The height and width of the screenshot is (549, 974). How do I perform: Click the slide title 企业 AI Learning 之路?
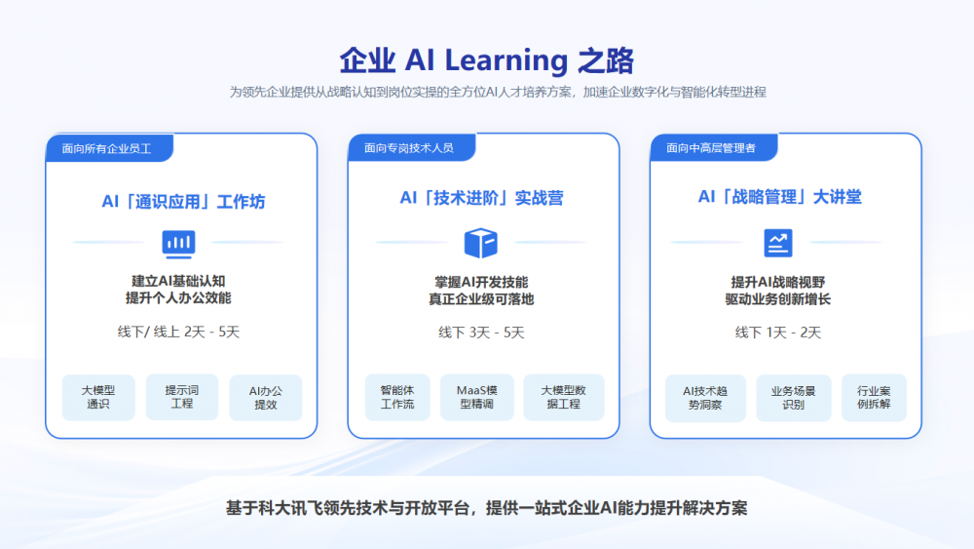[x=486, y=60]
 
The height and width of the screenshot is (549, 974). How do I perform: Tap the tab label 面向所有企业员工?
[x=107, y=148]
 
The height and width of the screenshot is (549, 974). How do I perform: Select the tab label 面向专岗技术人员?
[x=409, y=148]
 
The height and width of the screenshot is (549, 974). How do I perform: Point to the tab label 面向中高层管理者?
[x=711, y=148]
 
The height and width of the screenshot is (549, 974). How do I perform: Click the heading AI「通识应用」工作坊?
[x=183, y=202]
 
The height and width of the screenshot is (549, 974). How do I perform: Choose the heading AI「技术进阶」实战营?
[x=481, y=198]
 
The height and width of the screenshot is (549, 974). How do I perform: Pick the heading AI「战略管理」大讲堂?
[x=779, y=197]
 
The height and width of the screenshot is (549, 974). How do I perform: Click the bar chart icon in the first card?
[x=179, y=244]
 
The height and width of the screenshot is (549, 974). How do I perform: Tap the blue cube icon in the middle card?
[x=481, y=243]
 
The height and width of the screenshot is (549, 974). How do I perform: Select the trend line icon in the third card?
[x=777, y=243]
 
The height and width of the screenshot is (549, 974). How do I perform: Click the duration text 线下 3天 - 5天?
[x=481, y=333]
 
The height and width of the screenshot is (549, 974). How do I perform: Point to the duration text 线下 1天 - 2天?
[x=778, y=333]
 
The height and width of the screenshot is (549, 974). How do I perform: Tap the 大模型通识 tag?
[x=98, y=397]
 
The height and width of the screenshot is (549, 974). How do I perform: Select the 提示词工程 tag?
[x=182, y=397]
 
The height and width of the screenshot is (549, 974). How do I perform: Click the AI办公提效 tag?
[x=266, y=397]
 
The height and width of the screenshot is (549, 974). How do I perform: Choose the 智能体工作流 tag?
[x=397, y=397]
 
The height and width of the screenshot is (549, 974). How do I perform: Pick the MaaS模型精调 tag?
[x=477, y=397]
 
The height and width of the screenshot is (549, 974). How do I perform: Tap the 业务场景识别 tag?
[x=793, y=398]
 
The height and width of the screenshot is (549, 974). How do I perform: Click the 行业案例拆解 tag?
[x=874, y=398]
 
